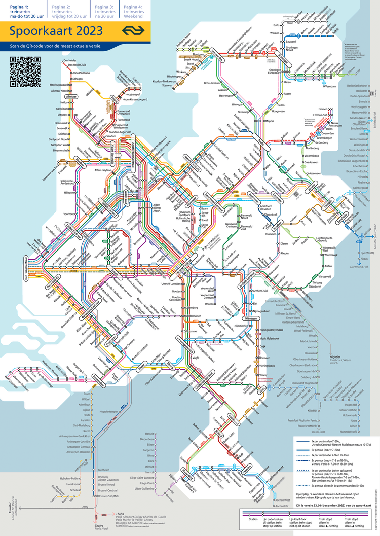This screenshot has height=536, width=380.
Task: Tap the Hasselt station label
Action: [x=149, y=434]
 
